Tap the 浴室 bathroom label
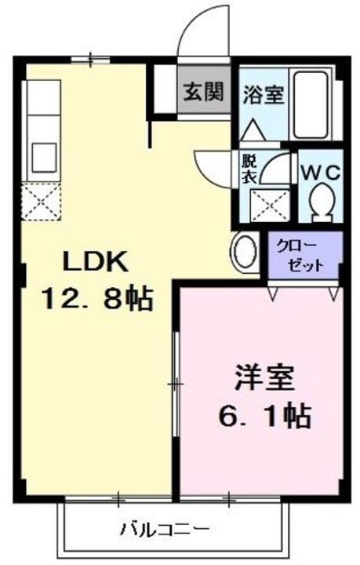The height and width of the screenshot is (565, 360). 261,93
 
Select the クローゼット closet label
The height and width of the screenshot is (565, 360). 304,255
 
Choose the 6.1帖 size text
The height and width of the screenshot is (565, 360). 265,414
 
